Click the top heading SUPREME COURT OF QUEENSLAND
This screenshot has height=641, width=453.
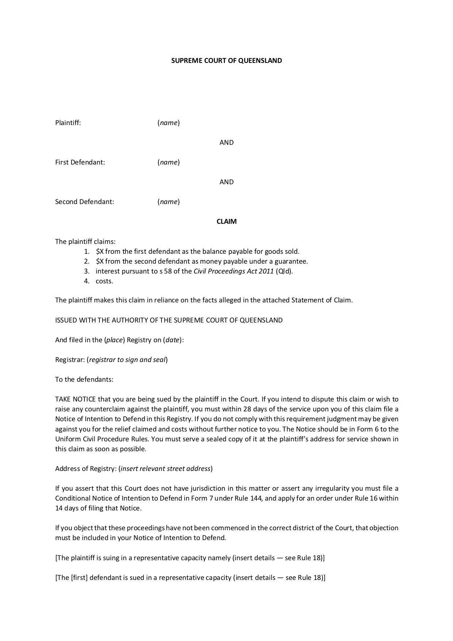pos(226,61)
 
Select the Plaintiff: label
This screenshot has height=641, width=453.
pos(68,123)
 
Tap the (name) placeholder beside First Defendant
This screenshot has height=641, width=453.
pos(168,162)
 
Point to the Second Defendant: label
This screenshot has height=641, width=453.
pos(84,202)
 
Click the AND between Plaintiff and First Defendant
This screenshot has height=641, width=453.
pos(226,143)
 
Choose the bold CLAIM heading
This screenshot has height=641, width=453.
pos(226,222)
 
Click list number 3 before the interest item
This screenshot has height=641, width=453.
pos(87,271)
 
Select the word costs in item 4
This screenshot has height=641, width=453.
pos(104,281)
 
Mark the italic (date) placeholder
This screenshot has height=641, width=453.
pos(172,340)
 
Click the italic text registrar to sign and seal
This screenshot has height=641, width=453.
pos(127,360)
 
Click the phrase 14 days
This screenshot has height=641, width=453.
pos(66,508)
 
